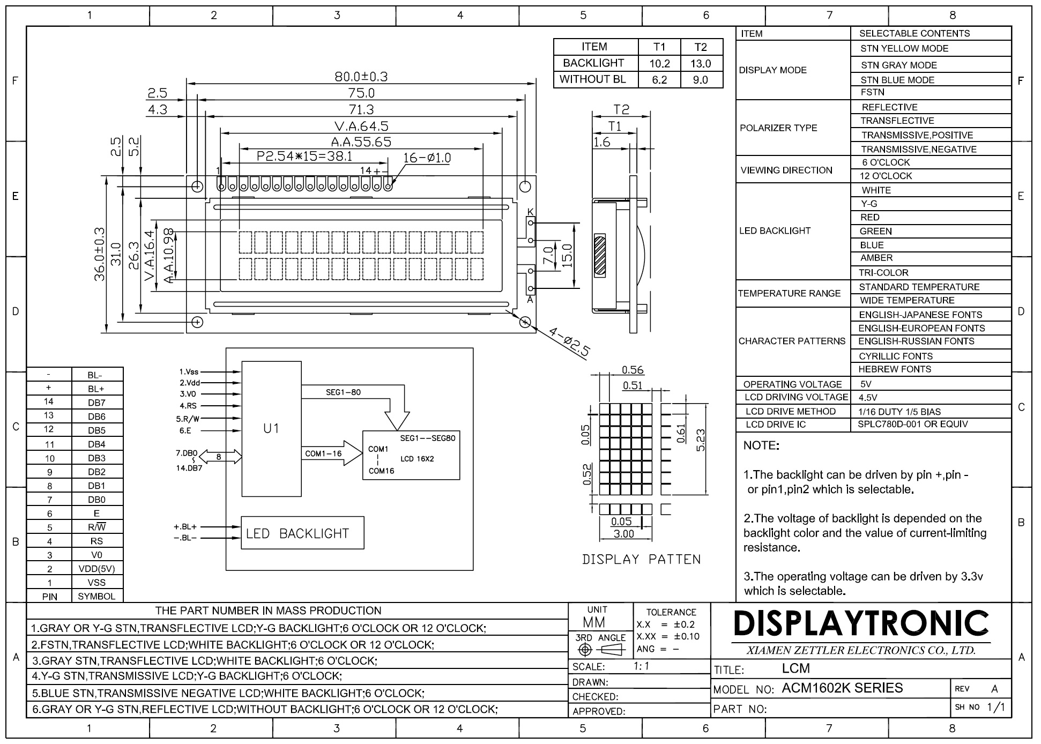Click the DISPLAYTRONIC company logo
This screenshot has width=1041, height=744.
pos(861,623)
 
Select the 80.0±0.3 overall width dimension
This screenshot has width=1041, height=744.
pos(361,76)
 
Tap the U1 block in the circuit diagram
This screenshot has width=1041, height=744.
pos(271,429)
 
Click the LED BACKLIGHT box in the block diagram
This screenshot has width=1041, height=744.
pos(302,533)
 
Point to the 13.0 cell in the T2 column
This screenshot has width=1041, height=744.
pos(701,64)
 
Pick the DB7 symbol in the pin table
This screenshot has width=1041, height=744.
pos(96,403)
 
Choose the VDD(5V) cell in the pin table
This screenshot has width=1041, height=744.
pos(96,569)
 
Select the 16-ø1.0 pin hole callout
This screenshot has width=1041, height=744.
pos(427,158)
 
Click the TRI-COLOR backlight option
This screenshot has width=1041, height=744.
pos(883,272)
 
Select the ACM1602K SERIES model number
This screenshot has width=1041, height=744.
pos(842,688)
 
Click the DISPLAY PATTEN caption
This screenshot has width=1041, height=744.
pos(641,560)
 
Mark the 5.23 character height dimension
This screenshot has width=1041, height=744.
pos(700,440)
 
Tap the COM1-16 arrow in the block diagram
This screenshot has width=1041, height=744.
pos(332,453)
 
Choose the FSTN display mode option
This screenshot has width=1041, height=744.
pos(872,92)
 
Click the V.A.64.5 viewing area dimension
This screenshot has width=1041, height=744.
pos(361,126)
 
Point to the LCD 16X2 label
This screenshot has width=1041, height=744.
pos(417,459)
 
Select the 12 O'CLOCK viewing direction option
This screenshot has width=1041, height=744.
pos(886,176)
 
